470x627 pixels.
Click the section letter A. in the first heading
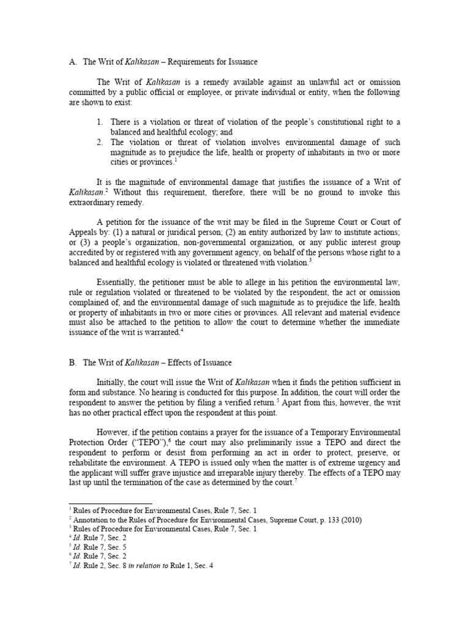71,62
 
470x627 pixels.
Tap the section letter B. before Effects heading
71,363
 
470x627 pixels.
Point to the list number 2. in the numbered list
100,142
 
